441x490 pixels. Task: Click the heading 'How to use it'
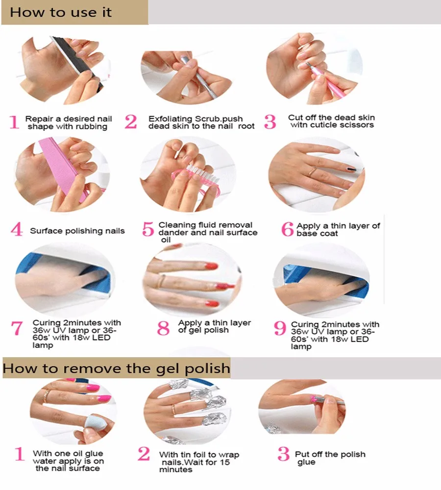[x=61, y=13]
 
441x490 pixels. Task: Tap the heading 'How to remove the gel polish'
[x=116, y=368]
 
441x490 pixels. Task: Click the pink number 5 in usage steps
[x=148, y=229]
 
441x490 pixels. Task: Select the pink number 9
[x=280, y=328]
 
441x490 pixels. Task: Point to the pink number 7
[x=17, y=328]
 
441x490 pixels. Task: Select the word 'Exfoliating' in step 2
[x=171, y=119]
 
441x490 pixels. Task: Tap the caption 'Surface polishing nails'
[x=77, y=231]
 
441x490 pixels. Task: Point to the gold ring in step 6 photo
[x=313, y=171]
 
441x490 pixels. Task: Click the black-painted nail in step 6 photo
[x=352, y=170]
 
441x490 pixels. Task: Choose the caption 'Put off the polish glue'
[x=330, y=458]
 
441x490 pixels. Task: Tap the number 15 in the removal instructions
[x=224, y=462]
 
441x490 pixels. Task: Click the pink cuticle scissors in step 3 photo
[x=325, y=79]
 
